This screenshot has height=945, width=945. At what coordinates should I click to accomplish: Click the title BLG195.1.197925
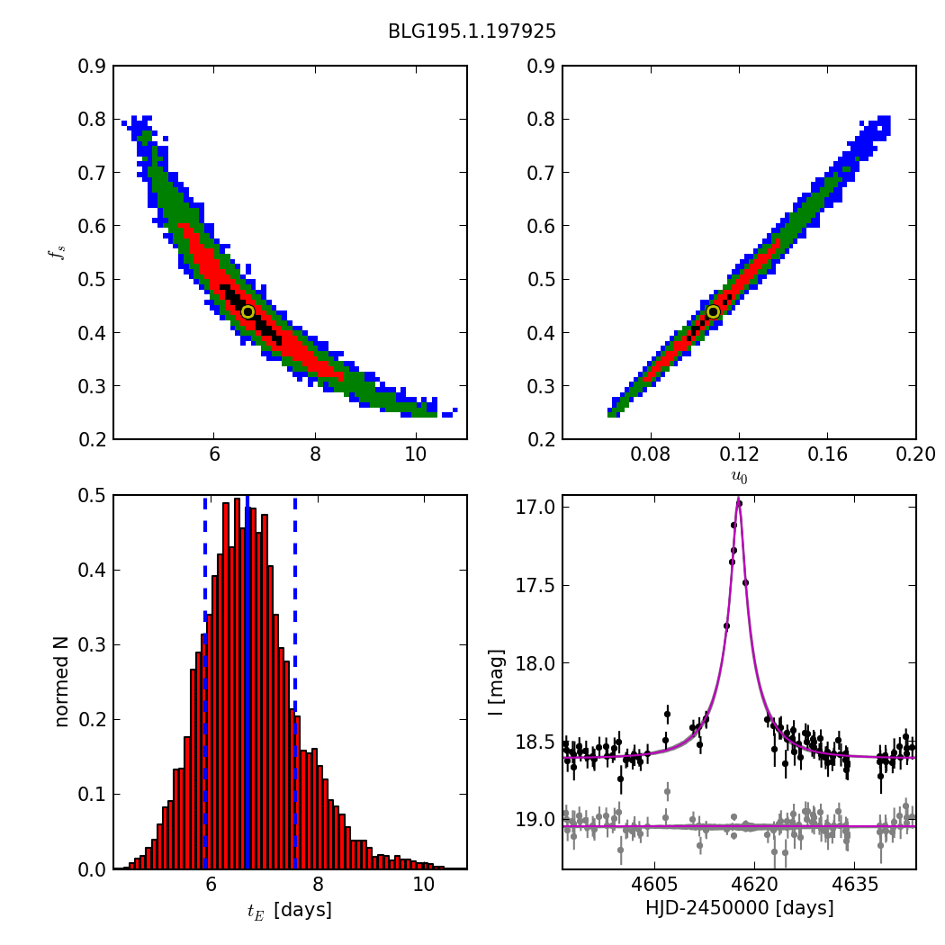(472, 31)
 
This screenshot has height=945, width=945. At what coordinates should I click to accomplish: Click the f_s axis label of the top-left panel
(58, 252)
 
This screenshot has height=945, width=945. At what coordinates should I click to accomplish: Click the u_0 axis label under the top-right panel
(739, 477)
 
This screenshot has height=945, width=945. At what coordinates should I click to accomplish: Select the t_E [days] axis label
(290, 910)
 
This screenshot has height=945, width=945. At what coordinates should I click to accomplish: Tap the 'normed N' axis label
(61, 681)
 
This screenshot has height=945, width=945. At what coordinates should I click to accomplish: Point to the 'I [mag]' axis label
(496, 681)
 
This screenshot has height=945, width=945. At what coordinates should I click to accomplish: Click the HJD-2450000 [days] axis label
(739, 909)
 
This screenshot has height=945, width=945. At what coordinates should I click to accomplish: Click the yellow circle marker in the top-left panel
(247, 311)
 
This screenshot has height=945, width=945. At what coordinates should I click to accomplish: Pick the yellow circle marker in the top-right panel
(713, 311)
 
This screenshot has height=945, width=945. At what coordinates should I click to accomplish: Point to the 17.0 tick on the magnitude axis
(537, 507)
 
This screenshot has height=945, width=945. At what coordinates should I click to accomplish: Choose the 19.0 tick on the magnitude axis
(537, 820)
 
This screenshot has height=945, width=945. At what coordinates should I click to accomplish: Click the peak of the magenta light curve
(739, 500)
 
